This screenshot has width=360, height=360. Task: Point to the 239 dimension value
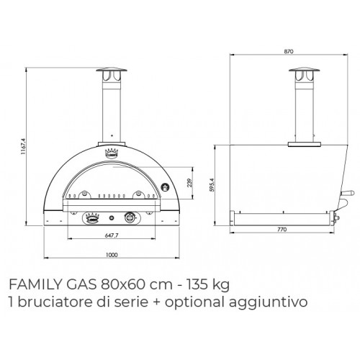pyautogui.click(x=188, y=182)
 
